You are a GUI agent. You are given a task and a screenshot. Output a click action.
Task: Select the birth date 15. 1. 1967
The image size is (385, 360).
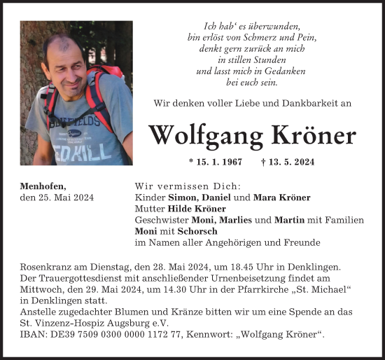[x=216, y=162]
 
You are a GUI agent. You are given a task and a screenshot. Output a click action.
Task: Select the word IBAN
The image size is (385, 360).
[x=34, y=335]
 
